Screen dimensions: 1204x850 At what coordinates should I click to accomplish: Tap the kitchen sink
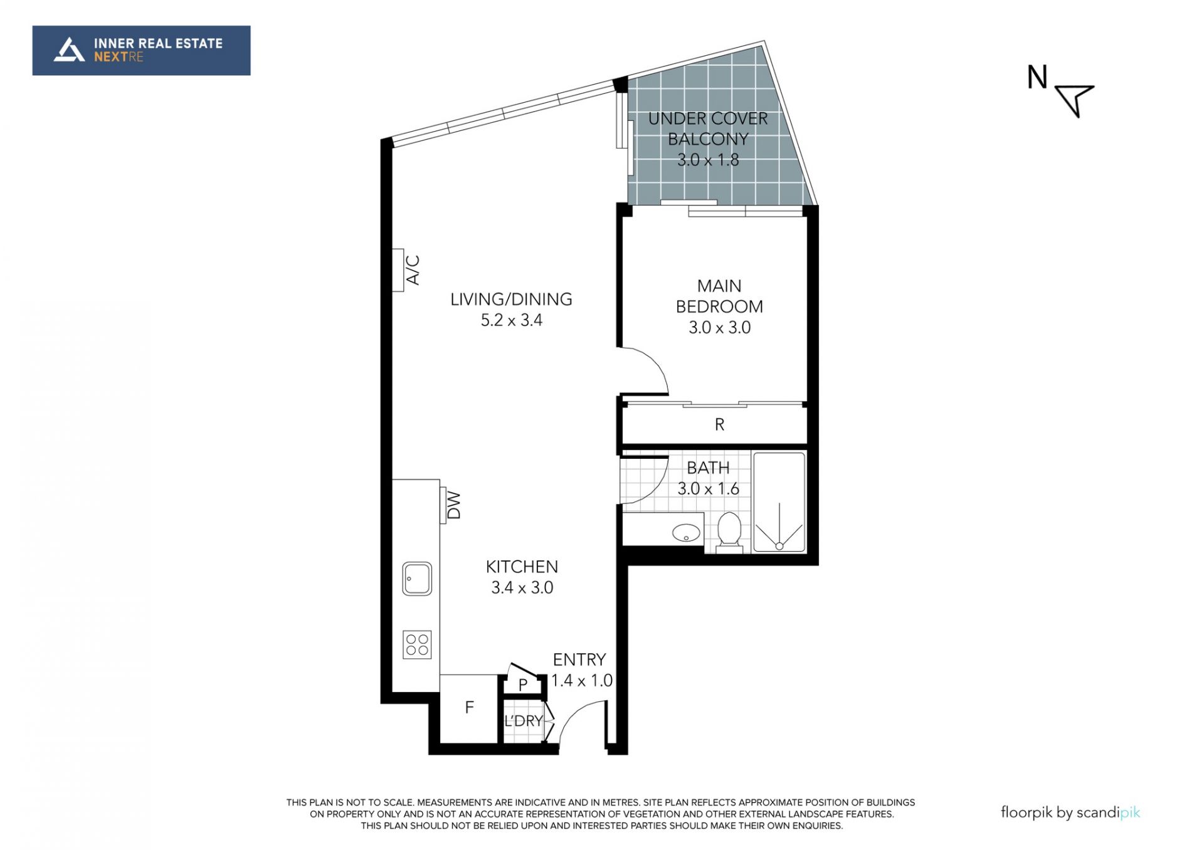point(417,578)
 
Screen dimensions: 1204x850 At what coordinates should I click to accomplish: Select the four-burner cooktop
point(417,644)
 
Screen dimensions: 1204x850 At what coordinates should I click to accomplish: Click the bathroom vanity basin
point(687,533)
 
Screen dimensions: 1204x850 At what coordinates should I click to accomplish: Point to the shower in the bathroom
point(779,502)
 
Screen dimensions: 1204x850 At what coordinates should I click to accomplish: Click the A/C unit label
point(413,270)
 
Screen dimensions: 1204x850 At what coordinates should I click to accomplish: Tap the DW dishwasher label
point(453,505)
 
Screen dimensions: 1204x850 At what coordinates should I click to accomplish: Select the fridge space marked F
point(469,708)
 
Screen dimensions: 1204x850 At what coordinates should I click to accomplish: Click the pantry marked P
point(523,685)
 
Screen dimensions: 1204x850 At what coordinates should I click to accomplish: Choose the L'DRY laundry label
point(523,721)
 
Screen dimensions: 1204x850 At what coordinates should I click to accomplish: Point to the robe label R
point(719,425)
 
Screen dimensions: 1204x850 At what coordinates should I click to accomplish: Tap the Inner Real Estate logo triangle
point(69,50)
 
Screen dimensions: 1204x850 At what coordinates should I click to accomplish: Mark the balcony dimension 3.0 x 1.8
point(708,160)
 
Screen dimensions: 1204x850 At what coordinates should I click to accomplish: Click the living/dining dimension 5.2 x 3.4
point(512,320)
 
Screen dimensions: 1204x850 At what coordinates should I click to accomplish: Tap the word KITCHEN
point(522,567)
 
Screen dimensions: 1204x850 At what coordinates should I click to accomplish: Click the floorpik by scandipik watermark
point(1070,813)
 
